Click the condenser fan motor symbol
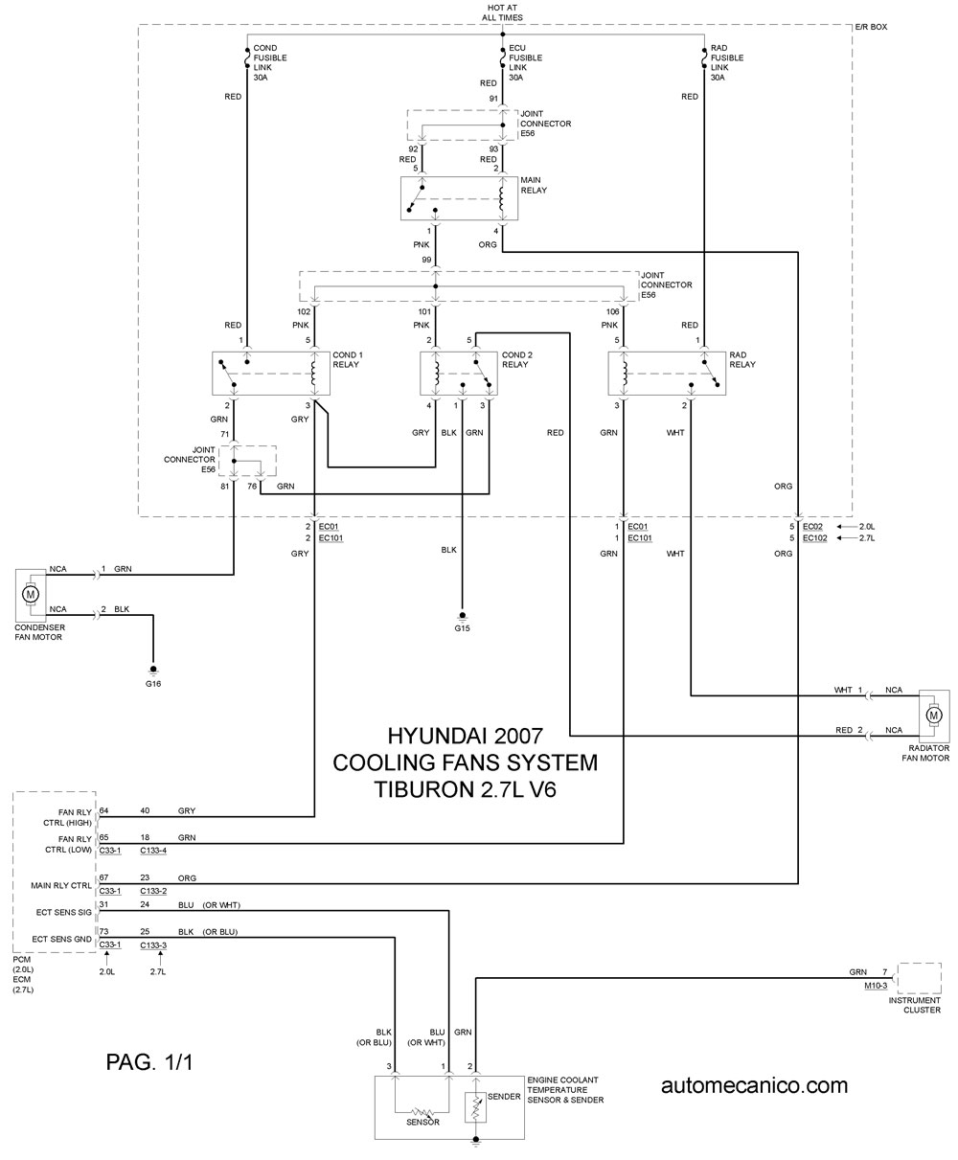point(31,595)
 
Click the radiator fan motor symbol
point(934,715)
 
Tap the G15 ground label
point(462,628)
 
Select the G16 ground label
point(153,684)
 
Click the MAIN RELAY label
point(534,185)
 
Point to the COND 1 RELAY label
point(348,359)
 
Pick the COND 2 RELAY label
point(516,359)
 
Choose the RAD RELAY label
point(742,359)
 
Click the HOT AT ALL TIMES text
point(502,12)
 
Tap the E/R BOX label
point(871,27)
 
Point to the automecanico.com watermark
point(754,1085)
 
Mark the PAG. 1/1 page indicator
point(149,1062)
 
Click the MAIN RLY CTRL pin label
point(61,885)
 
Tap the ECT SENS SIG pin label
point(64,912)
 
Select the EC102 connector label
point(814,538)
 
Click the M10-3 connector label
point(876,986)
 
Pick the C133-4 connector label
point(153,850)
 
